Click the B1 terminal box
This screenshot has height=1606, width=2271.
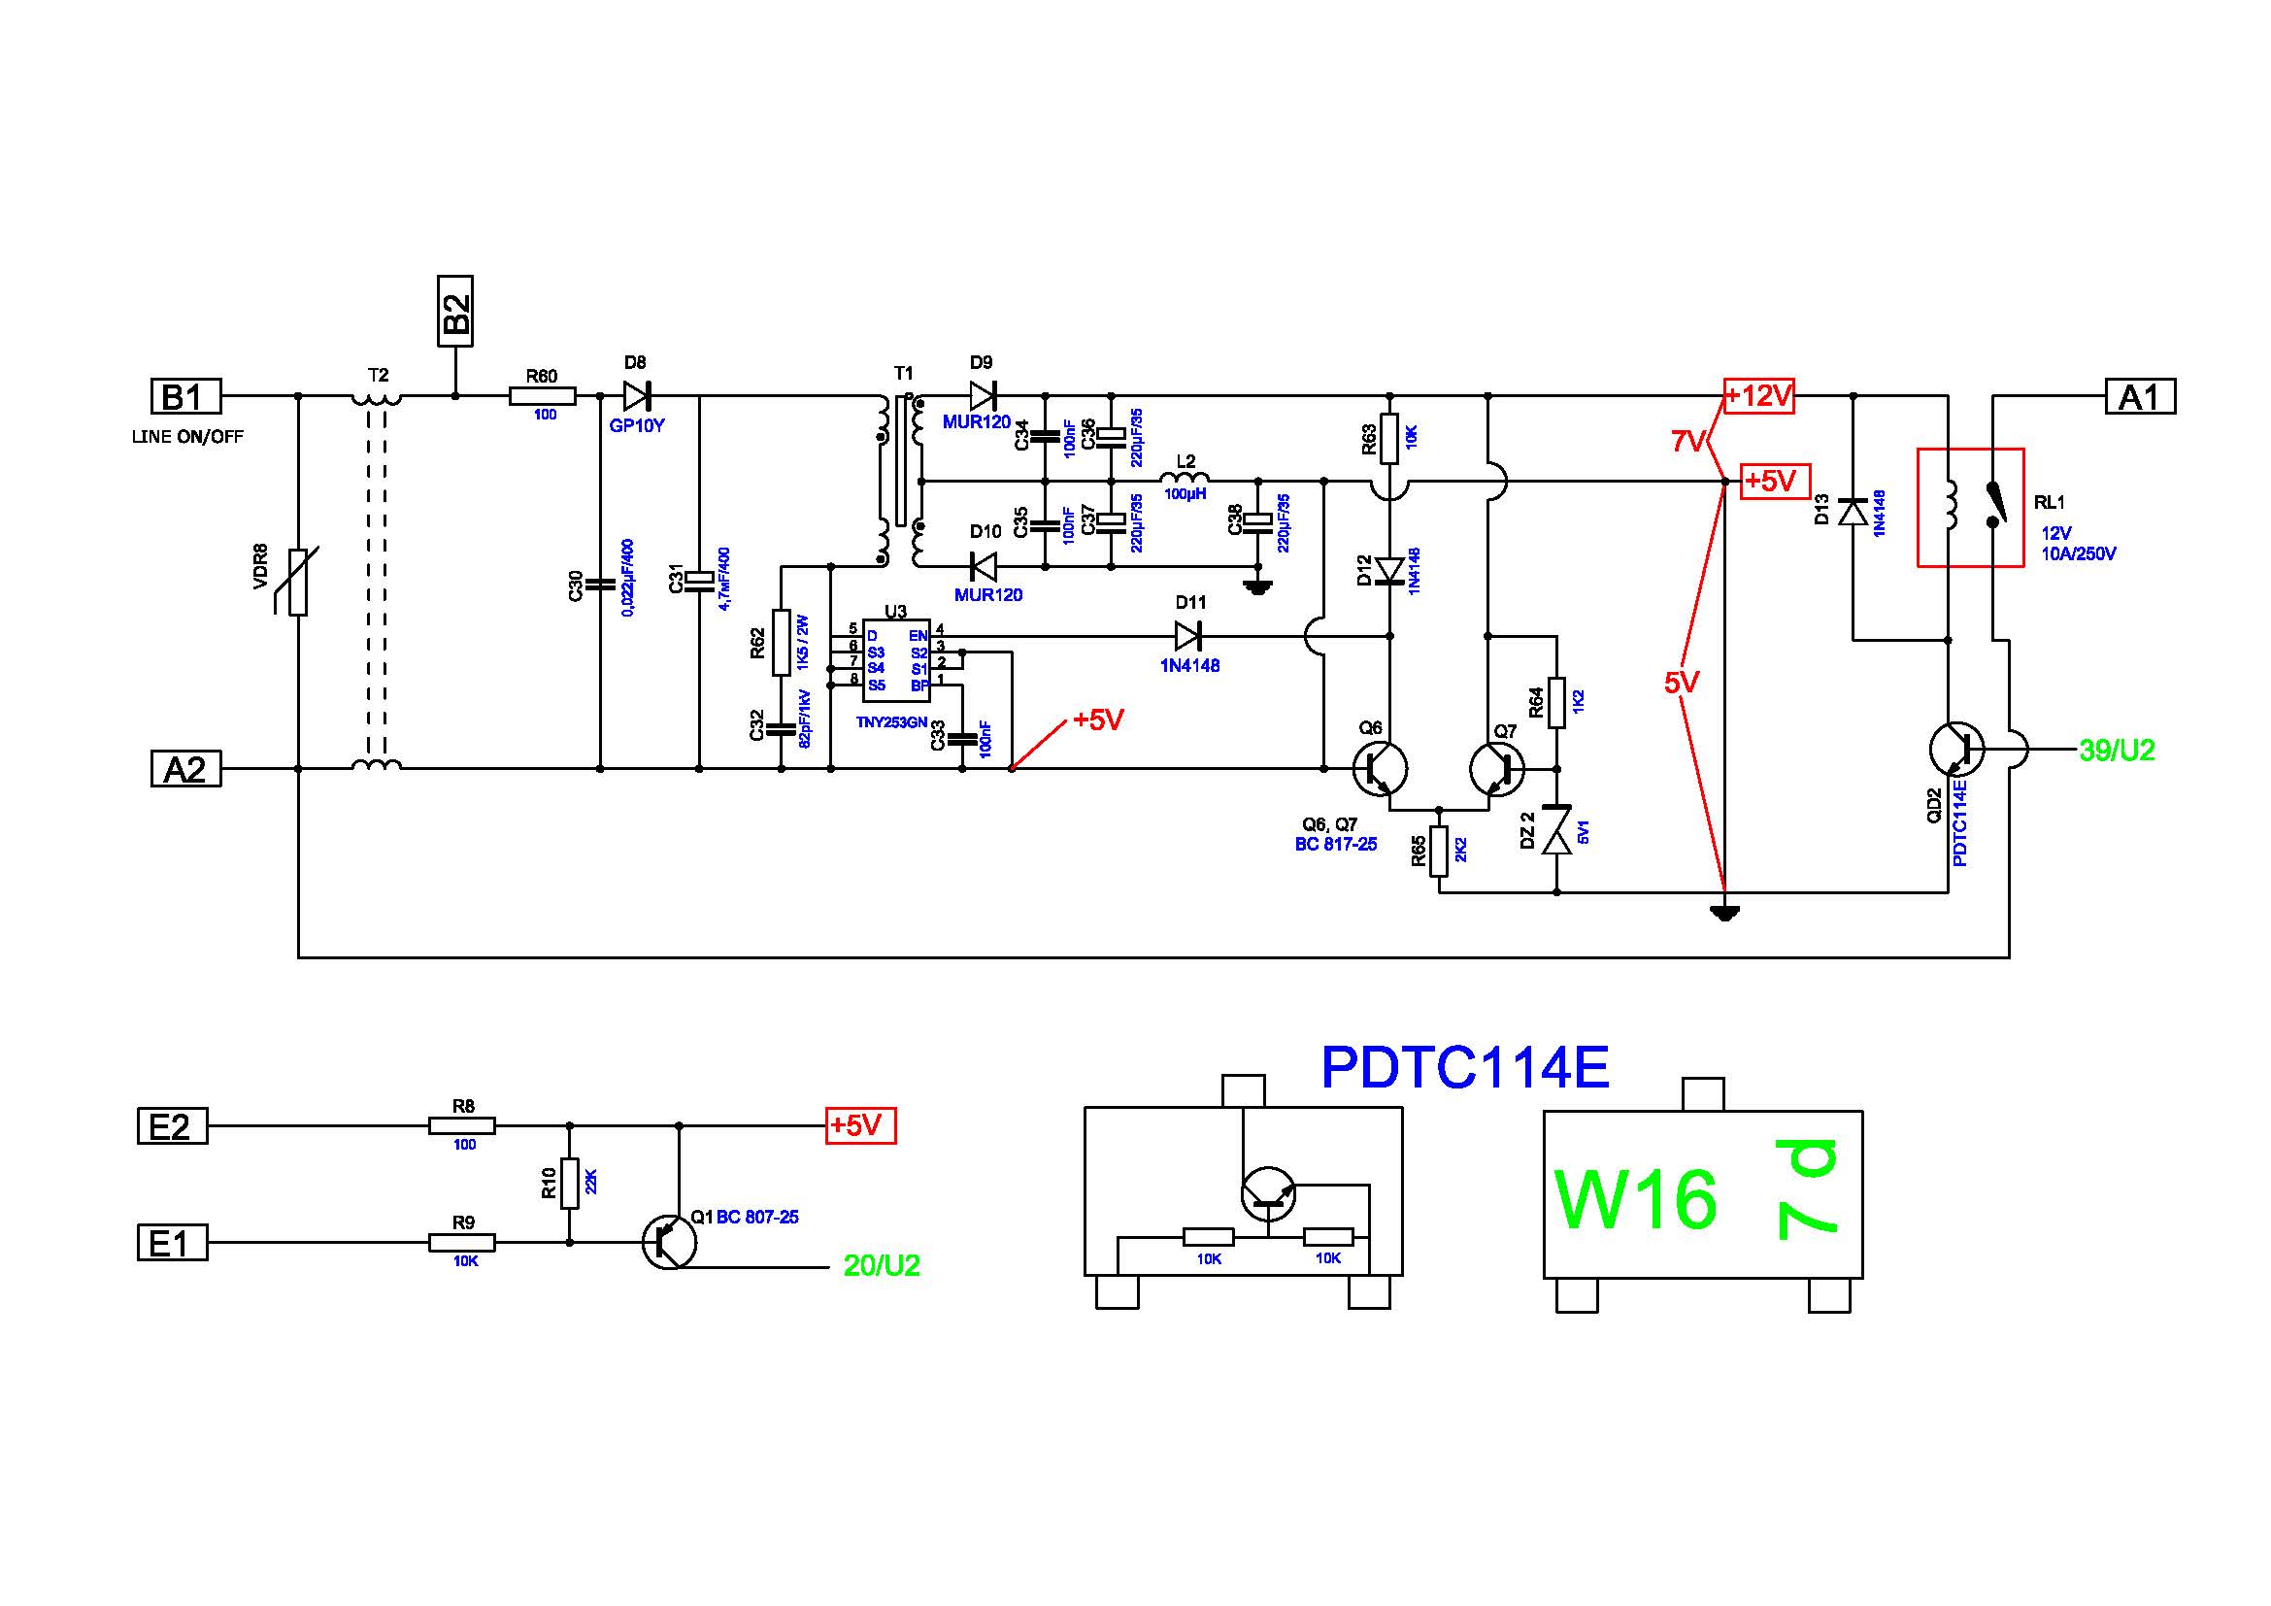point(185,396)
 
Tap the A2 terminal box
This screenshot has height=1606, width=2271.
point(185,768)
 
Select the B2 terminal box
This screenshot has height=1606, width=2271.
point(455,312)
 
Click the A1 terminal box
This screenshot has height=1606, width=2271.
point(2140,396)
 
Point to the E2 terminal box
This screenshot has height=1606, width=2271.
point(172,1125)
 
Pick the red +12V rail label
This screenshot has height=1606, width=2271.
point(1758,395)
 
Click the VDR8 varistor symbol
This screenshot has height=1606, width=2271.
point(298,582)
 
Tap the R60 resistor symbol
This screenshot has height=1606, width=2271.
point(542,395)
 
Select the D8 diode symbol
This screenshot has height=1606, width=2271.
point(636,395)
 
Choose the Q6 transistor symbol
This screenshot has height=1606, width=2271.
point(1380,768)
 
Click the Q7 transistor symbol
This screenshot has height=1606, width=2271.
point(1496,768)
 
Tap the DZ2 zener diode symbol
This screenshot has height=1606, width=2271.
point(1556,831)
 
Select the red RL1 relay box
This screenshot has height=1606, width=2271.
point(1970,507)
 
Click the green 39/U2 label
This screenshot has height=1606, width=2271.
point(2117,751)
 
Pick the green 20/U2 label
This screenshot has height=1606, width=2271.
point(882,1265)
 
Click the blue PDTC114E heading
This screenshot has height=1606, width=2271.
point(1465,1068)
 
